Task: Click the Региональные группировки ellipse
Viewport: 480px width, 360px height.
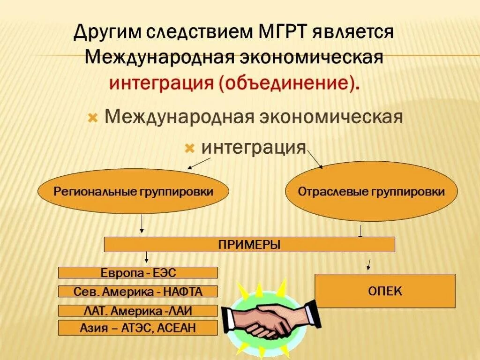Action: [133, 192]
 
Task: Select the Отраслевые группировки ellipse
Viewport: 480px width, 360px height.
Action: [371, 192]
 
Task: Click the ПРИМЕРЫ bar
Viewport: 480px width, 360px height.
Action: [249, 244]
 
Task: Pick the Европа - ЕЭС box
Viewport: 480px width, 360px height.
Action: [138, 272]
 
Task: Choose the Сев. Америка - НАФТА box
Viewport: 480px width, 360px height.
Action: [138, 291]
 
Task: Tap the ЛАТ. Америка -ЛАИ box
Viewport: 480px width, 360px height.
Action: [138, 310]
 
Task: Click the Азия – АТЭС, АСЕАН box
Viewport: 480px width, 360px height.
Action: [138, 328]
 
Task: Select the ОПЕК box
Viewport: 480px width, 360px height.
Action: [384, 291]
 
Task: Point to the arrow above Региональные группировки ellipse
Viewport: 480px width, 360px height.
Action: [199, 163]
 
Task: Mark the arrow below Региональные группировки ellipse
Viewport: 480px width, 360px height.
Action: [142, 224]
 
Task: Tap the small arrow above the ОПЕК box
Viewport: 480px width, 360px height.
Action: [369, 264]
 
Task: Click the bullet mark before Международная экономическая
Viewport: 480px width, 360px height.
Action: [93, 118]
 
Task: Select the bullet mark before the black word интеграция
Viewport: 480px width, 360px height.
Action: [189, 149]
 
